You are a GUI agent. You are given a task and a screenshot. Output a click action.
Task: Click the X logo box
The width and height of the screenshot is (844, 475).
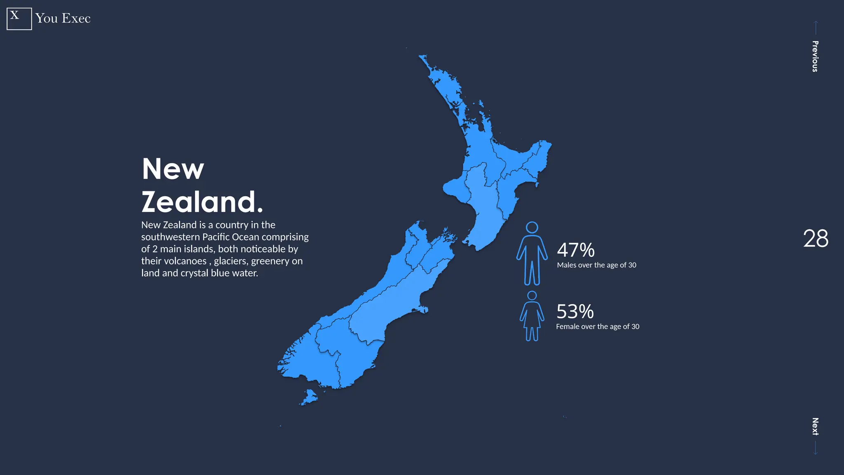pyautogui.click(x=19, y=19)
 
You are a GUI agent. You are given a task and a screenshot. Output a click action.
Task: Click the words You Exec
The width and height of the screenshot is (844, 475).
pyautogui.click(x=63, y=19)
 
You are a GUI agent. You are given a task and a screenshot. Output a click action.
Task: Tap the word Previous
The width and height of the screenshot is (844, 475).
pyautogui.click(x=815, y=56)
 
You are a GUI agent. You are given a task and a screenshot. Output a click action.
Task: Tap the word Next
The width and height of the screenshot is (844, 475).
pyautogui.click(x=815, y=426)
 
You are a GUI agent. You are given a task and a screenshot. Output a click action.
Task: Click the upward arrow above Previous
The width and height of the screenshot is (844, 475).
pyautogui.click(x=816, y=27)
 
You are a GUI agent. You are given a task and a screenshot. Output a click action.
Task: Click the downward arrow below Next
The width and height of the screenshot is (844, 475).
pyautogui.click(x=815, y=448)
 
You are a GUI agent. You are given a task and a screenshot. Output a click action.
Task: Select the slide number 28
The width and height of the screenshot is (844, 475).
pyautogui.click(x=816, y=239)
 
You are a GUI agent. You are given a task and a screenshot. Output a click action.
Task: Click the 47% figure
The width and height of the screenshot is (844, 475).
pyautogui.click(x=576, y=250)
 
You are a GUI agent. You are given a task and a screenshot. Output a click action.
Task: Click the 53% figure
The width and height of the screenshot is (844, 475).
pyautogui.click(x=575, y=312)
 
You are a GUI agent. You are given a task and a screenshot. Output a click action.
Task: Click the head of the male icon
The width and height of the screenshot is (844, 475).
pyautogui.click(x=532, y=228)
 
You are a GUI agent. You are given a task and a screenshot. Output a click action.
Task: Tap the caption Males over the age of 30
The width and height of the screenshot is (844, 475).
pyautogui.click(x=596, y=265)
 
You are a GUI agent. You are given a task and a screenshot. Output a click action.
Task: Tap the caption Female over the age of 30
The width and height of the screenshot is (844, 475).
pyautogui.click(x=598, y=327)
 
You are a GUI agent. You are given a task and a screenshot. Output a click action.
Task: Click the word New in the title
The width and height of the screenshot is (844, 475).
pyautogui.click(x=173, y=169)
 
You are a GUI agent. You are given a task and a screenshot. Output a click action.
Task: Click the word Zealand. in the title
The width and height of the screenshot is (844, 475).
pyautogui.click(x=202, y=202)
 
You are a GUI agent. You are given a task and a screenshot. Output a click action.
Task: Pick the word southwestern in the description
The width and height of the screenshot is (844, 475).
pyautogui.click(x=171, y=237)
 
